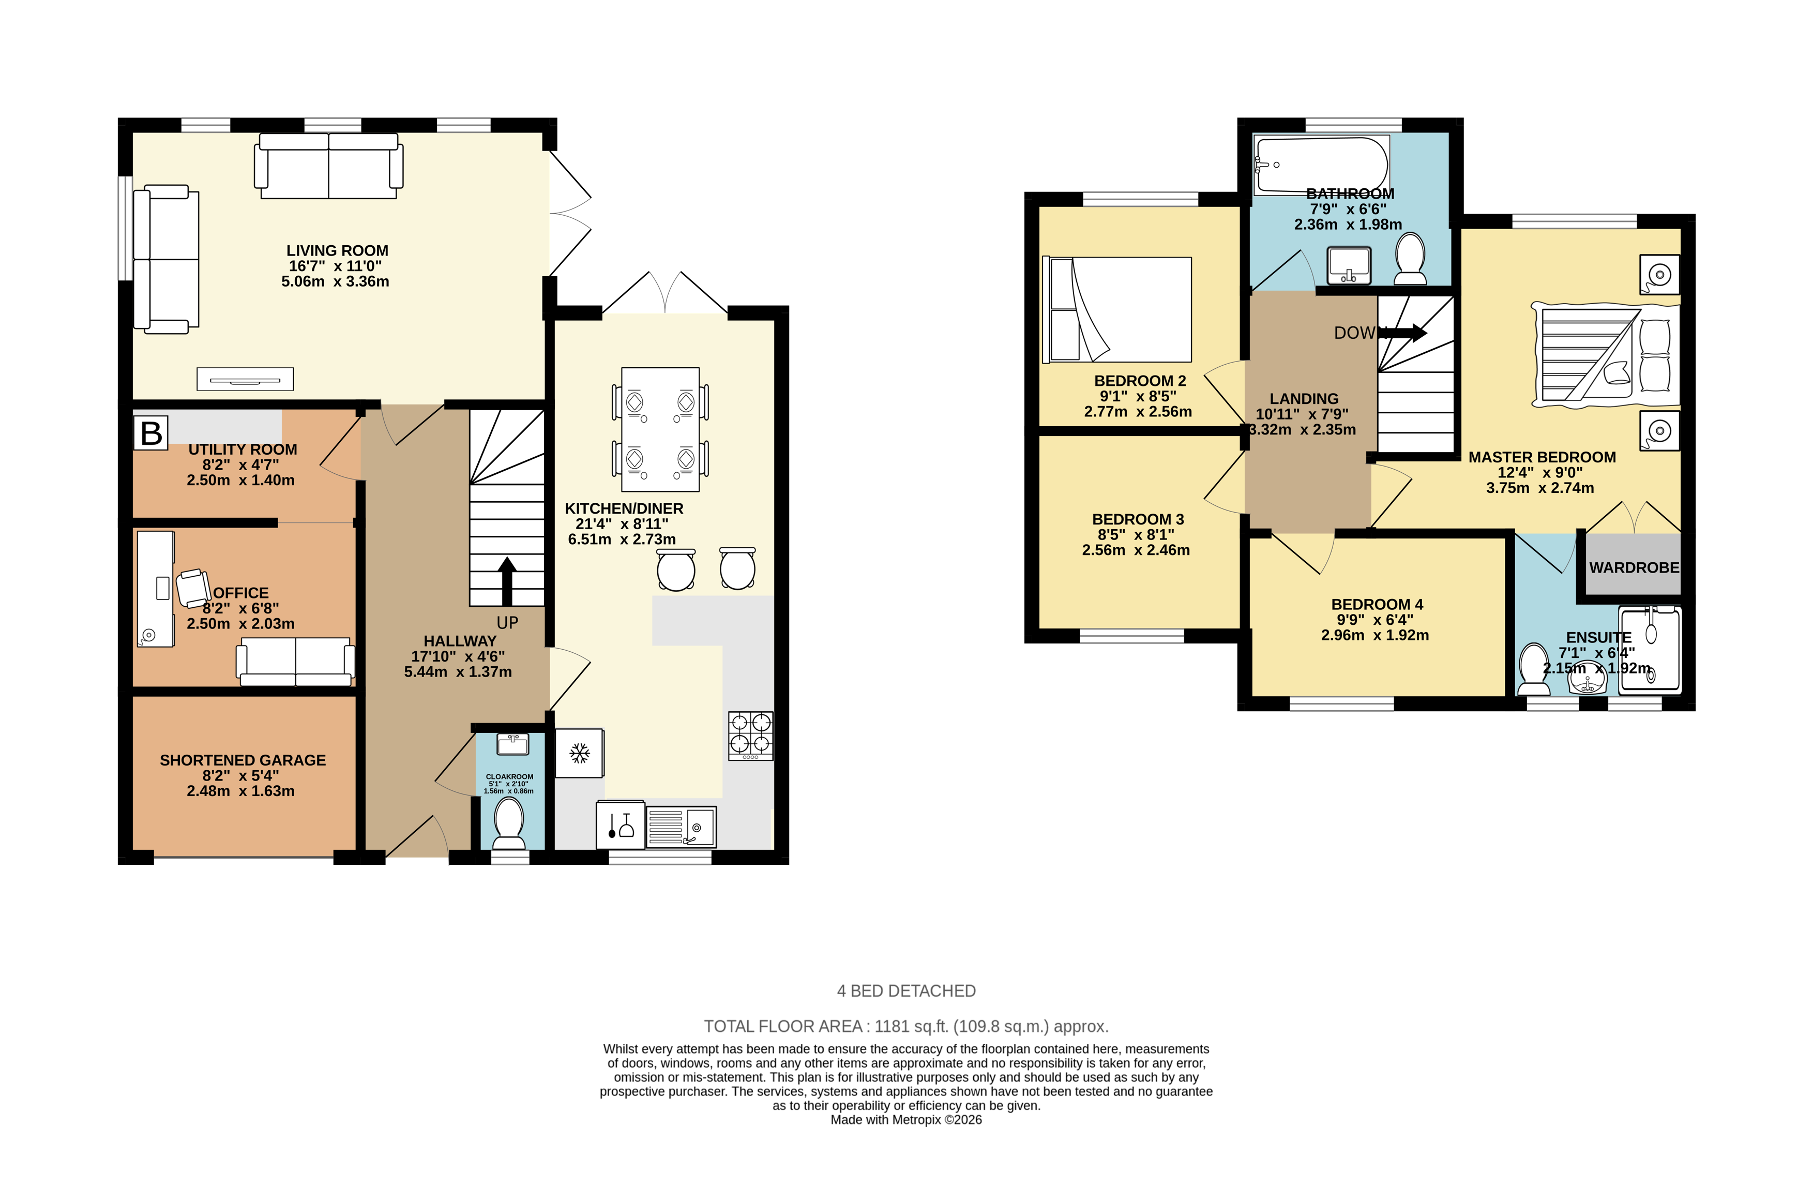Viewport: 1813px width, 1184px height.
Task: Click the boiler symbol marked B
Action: click(x=151, y=433)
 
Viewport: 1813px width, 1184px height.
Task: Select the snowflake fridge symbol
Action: click(x=580, y=754)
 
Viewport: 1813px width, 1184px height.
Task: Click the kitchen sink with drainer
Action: click(x=681, y=827)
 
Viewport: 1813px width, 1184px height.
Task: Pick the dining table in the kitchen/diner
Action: click(x=660, y=429)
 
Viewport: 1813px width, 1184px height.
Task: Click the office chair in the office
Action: click(x=193, y=588)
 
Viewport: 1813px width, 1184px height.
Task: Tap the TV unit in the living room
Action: click(x=245, y=379)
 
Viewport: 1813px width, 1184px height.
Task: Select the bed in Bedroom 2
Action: click(x=1117, y=309)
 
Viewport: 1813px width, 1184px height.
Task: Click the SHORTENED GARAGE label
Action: click(x=242, y=760)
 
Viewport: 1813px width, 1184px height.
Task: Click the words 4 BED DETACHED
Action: click(x=906, y=991)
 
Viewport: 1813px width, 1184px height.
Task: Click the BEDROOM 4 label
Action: click(x=1377, y=604)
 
